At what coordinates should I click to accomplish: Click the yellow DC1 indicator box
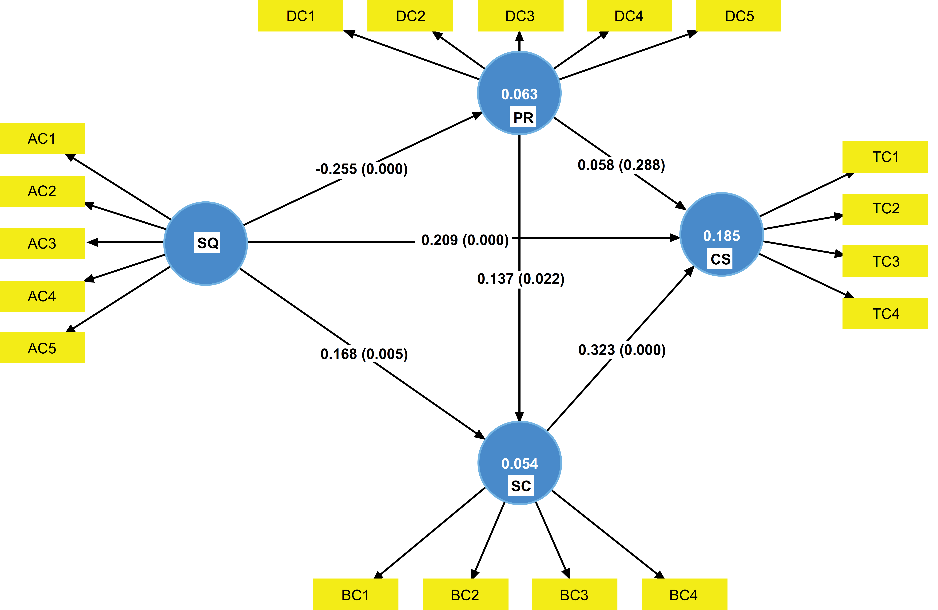(300, 16)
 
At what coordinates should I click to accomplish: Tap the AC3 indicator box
(42, 243)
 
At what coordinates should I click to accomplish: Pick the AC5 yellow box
(42, 348)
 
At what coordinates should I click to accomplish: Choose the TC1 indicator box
(885, 157)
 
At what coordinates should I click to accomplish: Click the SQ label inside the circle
(207, 243)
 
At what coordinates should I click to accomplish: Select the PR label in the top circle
(523, 117)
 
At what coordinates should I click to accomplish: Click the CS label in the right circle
(720, 259)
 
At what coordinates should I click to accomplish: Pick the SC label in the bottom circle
(521, 486)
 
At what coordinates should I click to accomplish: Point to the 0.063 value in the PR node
(519, 94)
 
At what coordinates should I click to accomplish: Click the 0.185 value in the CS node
(722, 236)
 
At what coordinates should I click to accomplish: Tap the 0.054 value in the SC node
(519, 464)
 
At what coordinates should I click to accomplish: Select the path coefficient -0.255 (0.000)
(361, 169)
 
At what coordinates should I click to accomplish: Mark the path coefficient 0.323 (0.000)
(622, 350)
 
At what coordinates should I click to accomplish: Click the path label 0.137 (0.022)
(521, 279)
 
